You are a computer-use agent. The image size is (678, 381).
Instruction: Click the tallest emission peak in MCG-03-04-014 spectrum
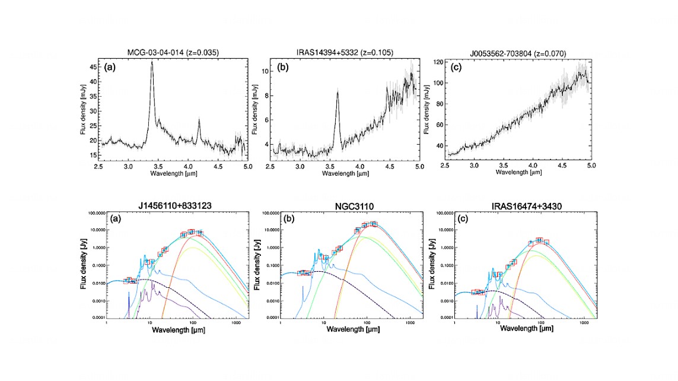(152, 62)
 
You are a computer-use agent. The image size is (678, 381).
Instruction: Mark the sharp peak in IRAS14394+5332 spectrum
(338, 91)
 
